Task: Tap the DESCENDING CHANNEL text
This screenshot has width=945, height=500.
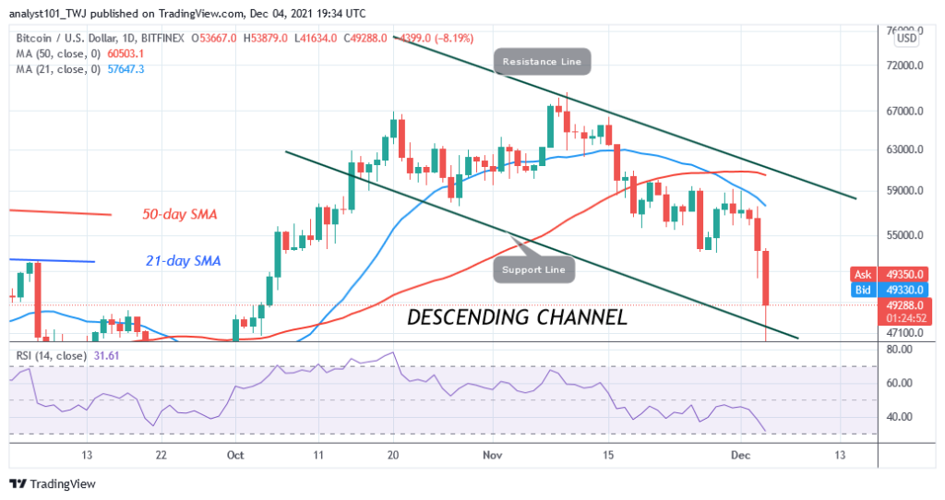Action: point(517,318)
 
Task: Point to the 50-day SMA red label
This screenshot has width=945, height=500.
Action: point(180,215)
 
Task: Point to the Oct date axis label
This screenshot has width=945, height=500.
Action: point(234,455)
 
